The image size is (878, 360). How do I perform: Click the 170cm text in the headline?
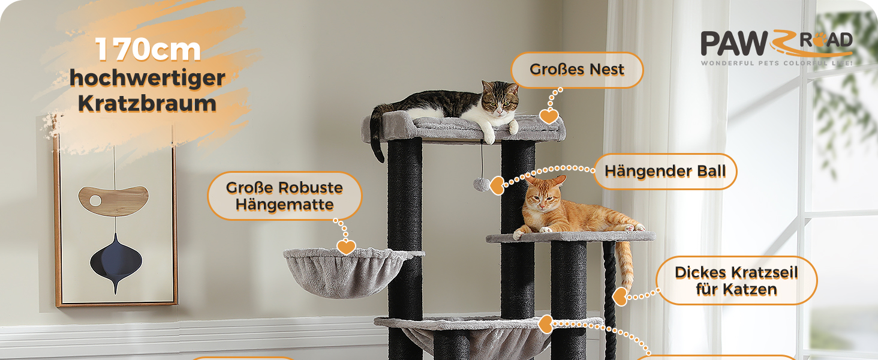148,49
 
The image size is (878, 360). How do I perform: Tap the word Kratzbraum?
147,103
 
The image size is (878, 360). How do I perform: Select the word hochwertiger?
148,79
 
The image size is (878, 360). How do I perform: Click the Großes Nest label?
577,70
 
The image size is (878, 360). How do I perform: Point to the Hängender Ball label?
665,172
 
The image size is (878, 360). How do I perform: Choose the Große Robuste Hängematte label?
284,196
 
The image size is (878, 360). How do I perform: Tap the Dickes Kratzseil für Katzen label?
736,281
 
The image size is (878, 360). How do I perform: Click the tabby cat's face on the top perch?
499,100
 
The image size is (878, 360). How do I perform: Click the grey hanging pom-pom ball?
482,184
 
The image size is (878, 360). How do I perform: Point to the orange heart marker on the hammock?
346,247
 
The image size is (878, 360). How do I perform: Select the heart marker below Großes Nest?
549,116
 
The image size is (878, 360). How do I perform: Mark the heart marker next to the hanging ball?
497,185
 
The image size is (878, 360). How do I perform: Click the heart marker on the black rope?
620,297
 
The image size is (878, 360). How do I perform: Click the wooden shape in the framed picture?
114,200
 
